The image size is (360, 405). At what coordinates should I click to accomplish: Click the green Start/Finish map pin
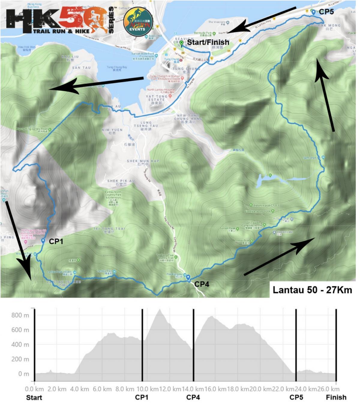[x=181, y=43]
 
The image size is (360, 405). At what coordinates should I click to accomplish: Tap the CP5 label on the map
[x=326, y=12]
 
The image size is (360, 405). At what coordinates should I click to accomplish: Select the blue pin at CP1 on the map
[x=43, y=241]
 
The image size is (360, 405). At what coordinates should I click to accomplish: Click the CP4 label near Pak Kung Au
[x=202, y=284]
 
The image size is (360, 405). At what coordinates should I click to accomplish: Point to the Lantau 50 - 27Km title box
[x=312, y=290]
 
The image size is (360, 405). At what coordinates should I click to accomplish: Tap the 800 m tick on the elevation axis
[x=20, y=315]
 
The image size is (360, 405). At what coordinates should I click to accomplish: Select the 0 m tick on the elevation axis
[x=24, y=374]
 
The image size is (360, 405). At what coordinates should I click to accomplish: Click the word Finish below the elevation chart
[x=336, y=397]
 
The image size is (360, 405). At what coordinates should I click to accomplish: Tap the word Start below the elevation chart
[x=34, y=397]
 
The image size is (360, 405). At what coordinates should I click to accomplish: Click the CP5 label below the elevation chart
[x=296, y=397]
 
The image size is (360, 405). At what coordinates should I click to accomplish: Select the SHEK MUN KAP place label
[x=143, y=161]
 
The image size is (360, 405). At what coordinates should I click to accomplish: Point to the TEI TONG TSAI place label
[x=109, y=229]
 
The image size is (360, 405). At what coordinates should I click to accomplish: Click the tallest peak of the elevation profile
[x=160, y=310]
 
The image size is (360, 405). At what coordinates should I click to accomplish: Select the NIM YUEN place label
[x=112, y=130]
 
